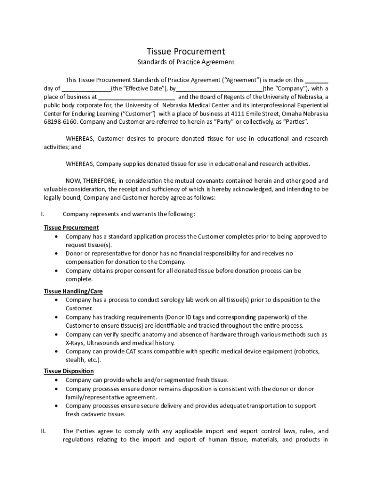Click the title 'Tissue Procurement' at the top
(x=186, y=51)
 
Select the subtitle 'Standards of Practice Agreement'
(x=186, y=62)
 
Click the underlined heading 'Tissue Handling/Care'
(x=73, y=291)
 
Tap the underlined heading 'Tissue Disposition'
(x=69, y=371)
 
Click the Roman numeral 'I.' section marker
(x=43, y=214)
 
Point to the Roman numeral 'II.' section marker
(x=43, y=431)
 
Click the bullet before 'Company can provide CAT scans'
(x=57, y=351)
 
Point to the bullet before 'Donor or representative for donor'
(x=57, y=254)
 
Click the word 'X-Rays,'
(x=75, y=343)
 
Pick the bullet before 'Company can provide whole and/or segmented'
(x=57, y=380)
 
